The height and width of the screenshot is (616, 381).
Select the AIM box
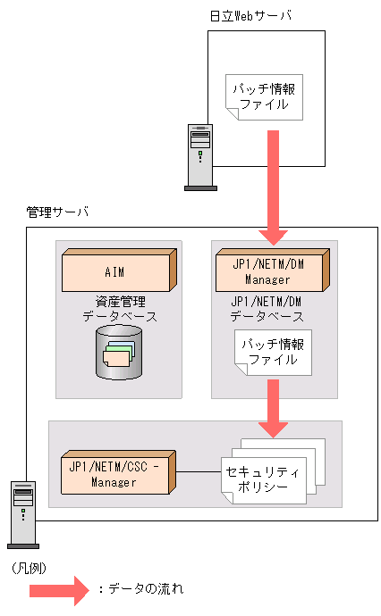[116, 271]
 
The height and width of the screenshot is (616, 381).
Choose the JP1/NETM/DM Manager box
[272, 271]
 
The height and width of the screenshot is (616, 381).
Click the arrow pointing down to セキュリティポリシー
[272, 406]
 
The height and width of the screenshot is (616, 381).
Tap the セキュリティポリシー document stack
[268, 475]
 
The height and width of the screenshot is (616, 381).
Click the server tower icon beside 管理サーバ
[22, 513]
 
